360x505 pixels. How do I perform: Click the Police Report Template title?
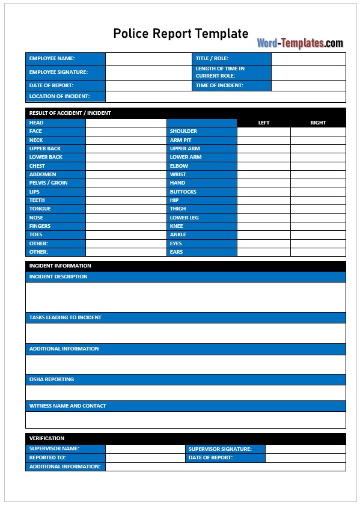(180, 34)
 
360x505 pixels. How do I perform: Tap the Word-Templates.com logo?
(300, 43)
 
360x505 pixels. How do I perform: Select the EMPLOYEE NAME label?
(52, 58)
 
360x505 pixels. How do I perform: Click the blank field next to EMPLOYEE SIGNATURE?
(148, 72)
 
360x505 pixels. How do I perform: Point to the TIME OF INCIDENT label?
(219, 85)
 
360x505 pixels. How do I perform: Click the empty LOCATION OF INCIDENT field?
(225, 96)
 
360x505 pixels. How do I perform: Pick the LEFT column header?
(264, 123)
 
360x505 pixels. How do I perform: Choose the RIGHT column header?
(318, 123)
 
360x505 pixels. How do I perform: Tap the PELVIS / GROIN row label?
(49, 183)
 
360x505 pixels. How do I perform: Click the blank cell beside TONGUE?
(126, 209)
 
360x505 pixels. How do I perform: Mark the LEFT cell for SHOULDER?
(263, 131)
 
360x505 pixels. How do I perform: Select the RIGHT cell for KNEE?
(318, 226)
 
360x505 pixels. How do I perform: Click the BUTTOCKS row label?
(183, 192)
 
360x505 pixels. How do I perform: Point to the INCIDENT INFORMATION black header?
(60, 266)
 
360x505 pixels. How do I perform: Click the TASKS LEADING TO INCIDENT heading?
(66, 317)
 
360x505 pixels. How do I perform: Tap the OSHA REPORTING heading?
(52, 379)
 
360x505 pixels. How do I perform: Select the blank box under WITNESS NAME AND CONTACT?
(186, 420)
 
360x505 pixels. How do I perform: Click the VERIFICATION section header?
(47, 438)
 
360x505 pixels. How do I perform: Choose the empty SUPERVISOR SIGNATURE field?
(305, 448)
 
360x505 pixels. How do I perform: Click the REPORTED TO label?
(47, 458)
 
